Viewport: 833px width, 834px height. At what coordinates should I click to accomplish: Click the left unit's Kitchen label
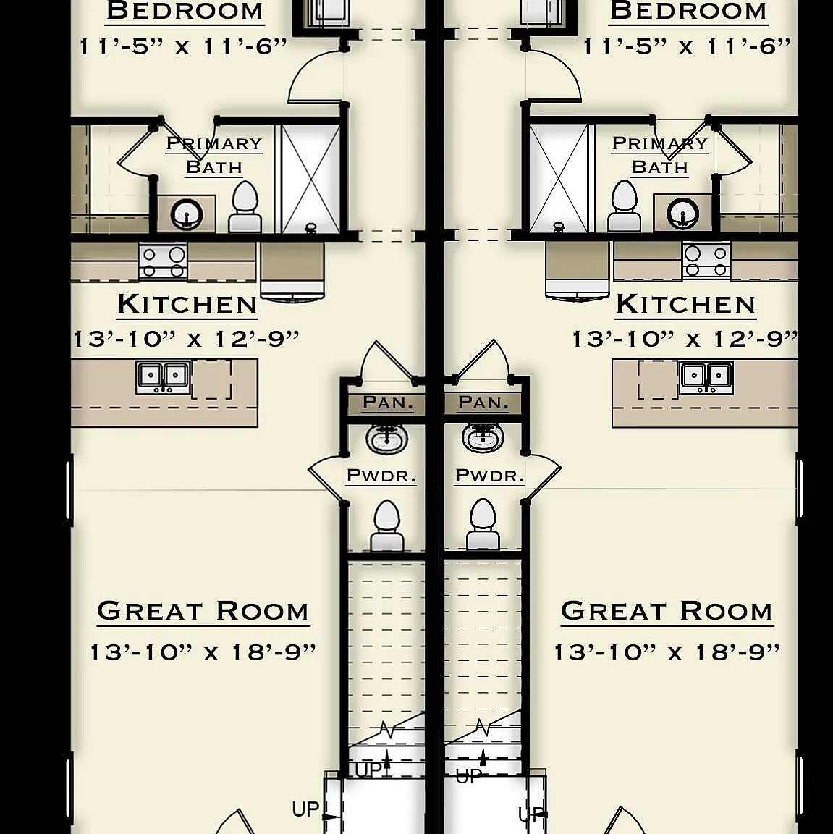pos(187,305)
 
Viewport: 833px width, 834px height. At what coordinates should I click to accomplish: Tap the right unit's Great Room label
pos(667,611)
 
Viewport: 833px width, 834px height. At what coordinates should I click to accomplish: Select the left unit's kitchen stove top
pos(163,261)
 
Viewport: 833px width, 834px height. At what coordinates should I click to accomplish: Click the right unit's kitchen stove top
pos(706,260)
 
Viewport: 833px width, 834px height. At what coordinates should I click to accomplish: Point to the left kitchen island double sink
pos(163,377)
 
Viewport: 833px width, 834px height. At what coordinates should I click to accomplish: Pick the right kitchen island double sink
pos(706,377)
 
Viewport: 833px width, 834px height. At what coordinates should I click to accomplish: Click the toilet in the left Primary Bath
pos(245,207)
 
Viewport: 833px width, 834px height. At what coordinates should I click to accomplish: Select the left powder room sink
pos(387,438)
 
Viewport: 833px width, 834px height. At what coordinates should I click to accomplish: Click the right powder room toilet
pos(483,524)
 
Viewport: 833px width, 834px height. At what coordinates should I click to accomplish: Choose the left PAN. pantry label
pos(387,403)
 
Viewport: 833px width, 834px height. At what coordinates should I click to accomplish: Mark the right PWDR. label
pos(489,476)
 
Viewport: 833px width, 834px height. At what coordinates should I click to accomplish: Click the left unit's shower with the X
pos(310,180)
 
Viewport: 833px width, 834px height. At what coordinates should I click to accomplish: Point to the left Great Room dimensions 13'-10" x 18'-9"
pos(203,652)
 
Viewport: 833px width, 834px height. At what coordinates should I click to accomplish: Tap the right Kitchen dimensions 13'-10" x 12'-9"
pos(685,339)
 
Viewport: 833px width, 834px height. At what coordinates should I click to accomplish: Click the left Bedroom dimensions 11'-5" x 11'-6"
pos(183,47)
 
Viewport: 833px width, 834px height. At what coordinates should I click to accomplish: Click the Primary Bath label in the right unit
pos(660,155)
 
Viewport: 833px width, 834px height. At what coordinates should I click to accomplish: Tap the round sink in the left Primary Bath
pos(187,214)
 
